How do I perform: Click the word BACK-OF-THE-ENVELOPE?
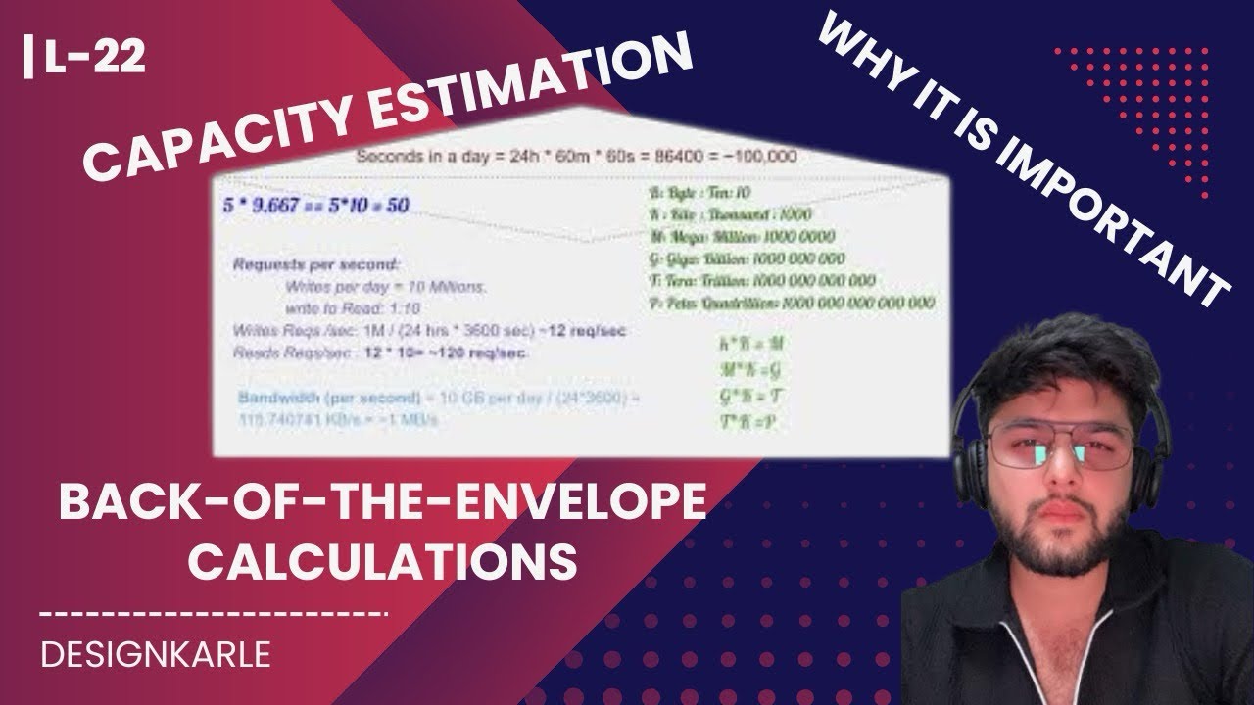click(382, 506)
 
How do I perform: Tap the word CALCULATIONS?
click(382, 562)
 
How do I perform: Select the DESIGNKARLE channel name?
click(157, 655)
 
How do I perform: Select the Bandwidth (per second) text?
click(313, 399)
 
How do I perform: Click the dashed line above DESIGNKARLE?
click(216, 615)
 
